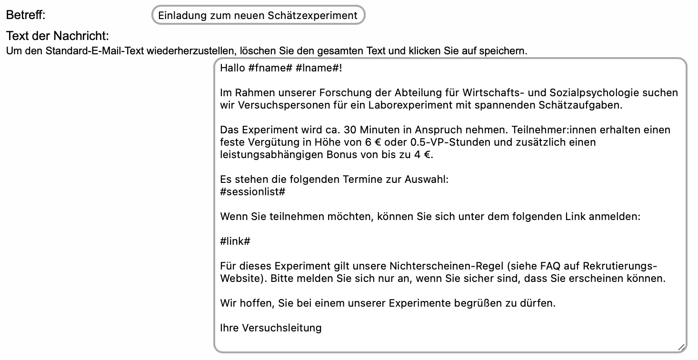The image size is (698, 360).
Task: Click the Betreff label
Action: click(25, 15)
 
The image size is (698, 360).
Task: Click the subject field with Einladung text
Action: click(258, 15)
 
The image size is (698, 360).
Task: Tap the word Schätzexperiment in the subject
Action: click(312, 15)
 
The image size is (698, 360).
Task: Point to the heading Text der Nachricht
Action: click(58, 36)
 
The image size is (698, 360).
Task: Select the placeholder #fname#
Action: click(269, 68)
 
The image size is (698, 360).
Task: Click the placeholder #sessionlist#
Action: click(253, 192)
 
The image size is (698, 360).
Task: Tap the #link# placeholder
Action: click(235, 241)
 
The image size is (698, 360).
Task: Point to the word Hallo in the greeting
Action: click(232, 68)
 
